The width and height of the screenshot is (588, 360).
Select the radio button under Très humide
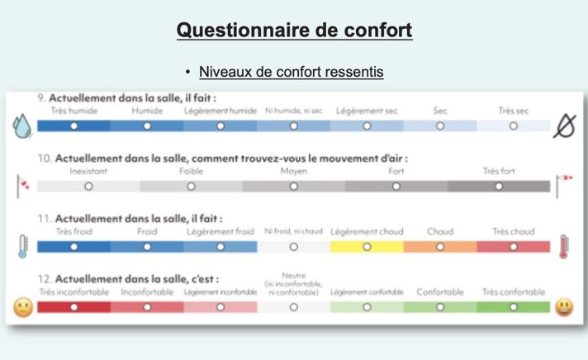pyautogui.click(x=73, y=126)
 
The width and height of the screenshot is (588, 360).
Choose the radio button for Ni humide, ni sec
pyautogui.click(x=294, y=126)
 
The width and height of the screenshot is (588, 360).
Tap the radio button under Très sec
pyautogui.click(x=514, y=126)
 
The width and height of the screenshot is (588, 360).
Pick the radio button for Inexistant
pyautogui.click(x=88, y=187)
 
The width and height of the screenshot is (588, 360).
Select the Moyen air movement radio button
pyautogui.click(x=294, y=187)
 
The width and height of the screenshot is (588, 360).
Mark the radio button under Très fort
pyautogui.click(x=499, y=187)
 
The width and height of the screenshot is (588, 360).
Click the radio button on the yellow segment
pyautogui.click(x=367, y=247)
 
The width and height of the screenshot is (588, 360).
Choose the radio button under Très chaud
pyautogui.click(x=514, y=247)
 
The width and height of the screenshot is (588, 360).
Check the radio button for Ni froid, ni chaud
pyautogui.click(x=294, y=247)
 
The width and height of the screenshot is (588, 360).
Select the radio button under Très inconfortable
pyautogui.click(x=73, y=307)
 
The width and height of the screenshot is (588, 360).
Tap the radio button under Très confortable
pyautogui.click(x=514, y=307)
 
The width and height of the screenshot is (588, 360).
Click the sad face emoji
pyautogui.click(x=23, y=307)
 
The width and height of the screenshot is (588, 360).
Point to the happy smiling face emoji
pyautogui.click(x=564, y=307)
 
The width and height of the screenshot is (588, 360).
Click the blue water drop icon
pyautogui.click(x=22, y=126)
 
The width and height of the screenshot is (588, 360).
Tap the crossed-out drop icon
pyautogui.click(x=564, y=126)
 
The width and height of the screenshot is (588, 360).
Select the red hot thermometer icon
pyautogui.click(x=563, y=246)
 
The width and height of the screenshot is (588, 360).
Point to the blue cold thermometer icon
pyautogui.click(x=23, y=246)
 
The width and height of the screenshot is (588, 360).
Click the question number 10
pyautogui.click(x=44, y=159)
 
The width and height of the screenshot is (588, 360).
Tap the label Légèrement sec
pyautogui.click(x=367, y=111)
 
